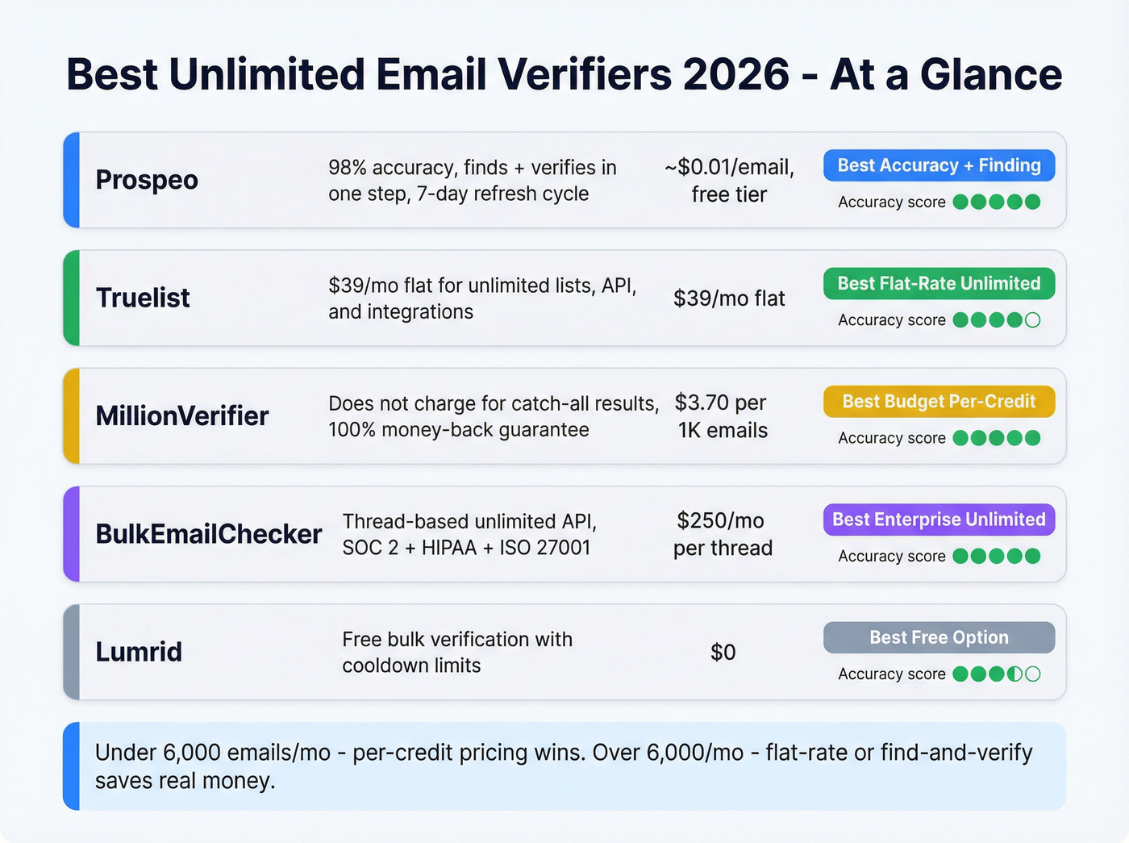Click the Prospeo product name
[x=147, y=180]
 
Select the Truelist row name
[x=143, y=298]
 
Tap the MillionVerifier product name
[x=182, y=416]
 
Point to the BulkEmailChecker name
[x=208, y=534]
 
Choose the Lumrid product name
[x=139, y=652]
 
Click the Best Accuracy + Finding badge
[x=939, y=165]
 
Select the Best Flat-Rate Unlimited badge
[x=939, y=283]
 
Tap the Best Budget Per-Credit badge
[x=939, y=402]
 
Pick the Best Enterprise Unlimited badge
[x=939, y=520]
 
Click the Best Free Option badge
[x=939, y=637]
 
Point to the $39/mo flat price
[x=729, y=298]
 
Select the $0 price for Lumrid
[x=723, y=652]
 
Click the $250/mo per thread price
[x=723, y=534]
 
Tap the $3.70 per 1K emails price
[x=723, y=416]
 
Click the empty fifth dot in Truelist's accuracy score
[x=1032, y=320]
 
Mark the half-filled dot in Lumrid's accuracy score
[x=1014, y=674]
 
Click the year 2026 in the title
[x=735, y=74]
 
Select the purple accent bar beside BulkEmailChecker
[x=72, y=534]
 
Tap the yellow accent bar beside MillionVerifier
[x=72, y=416]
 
